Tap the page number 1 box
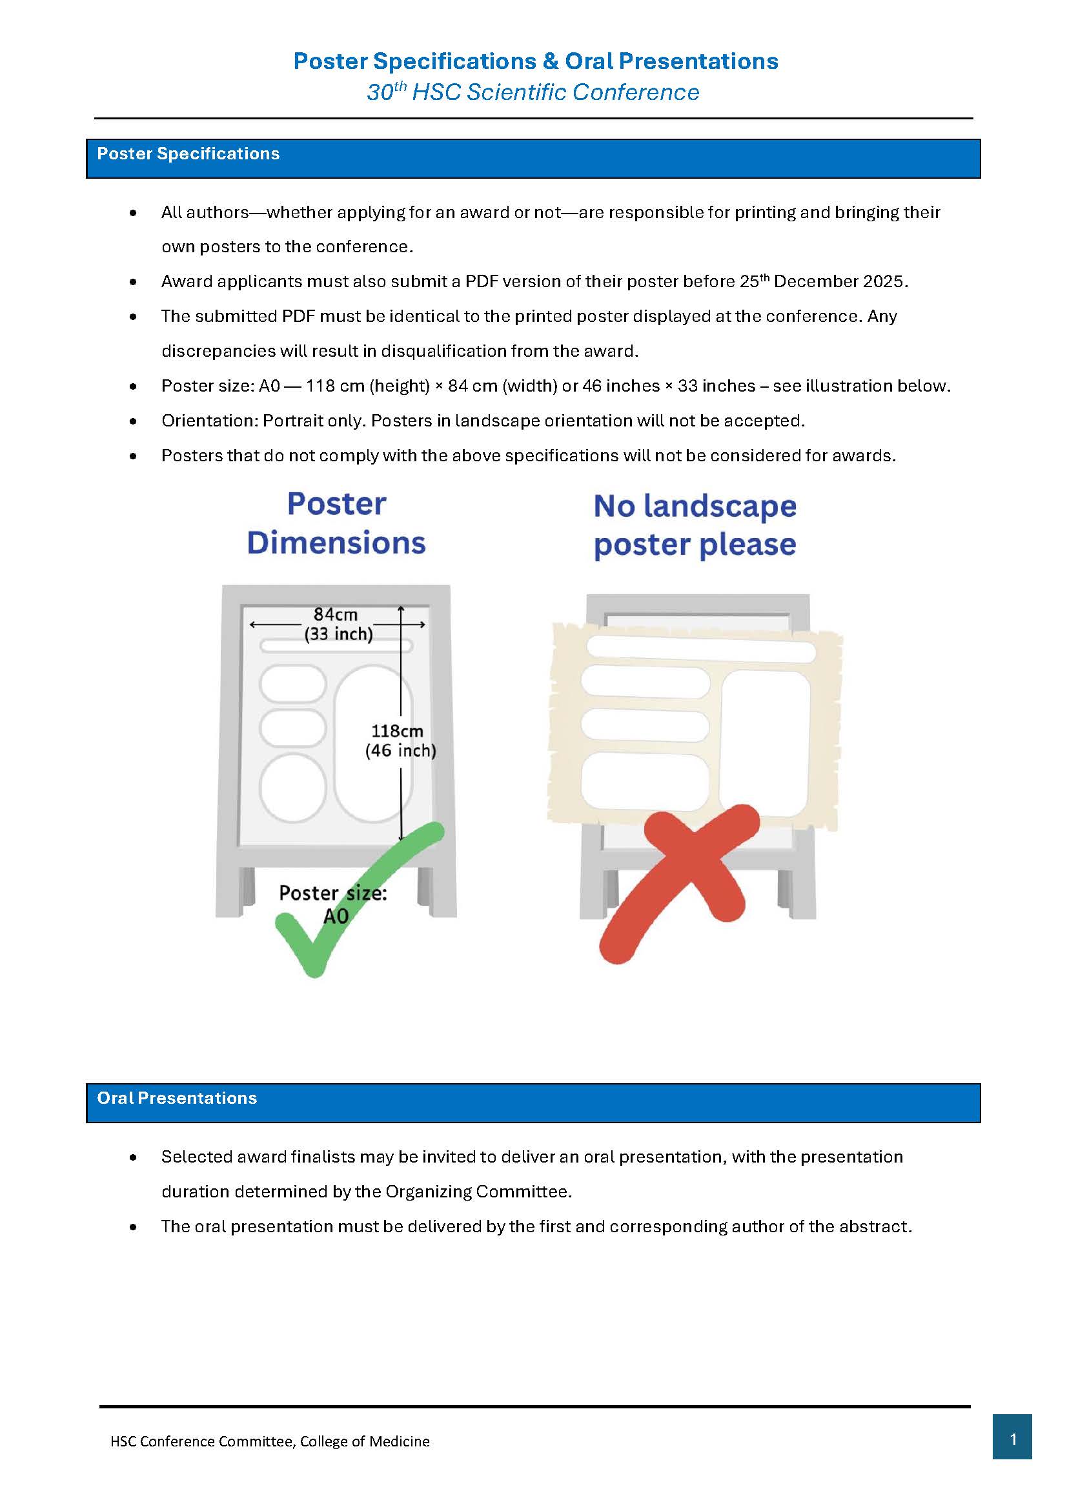1012,1439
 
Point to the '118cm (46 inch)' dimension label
400,741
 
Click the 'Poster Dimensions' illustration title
336,523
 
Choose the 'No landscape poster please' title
695,525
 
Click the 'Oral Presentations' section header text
177,1098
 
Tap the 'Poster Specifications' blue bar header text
188,154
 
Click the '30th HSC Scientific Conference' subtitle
533,92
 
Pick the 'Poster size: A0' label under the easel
333,904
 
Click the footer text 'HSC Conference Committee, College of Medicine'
270,1441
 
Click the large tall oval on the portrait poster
372,743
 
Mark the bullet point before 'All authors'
134,213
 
